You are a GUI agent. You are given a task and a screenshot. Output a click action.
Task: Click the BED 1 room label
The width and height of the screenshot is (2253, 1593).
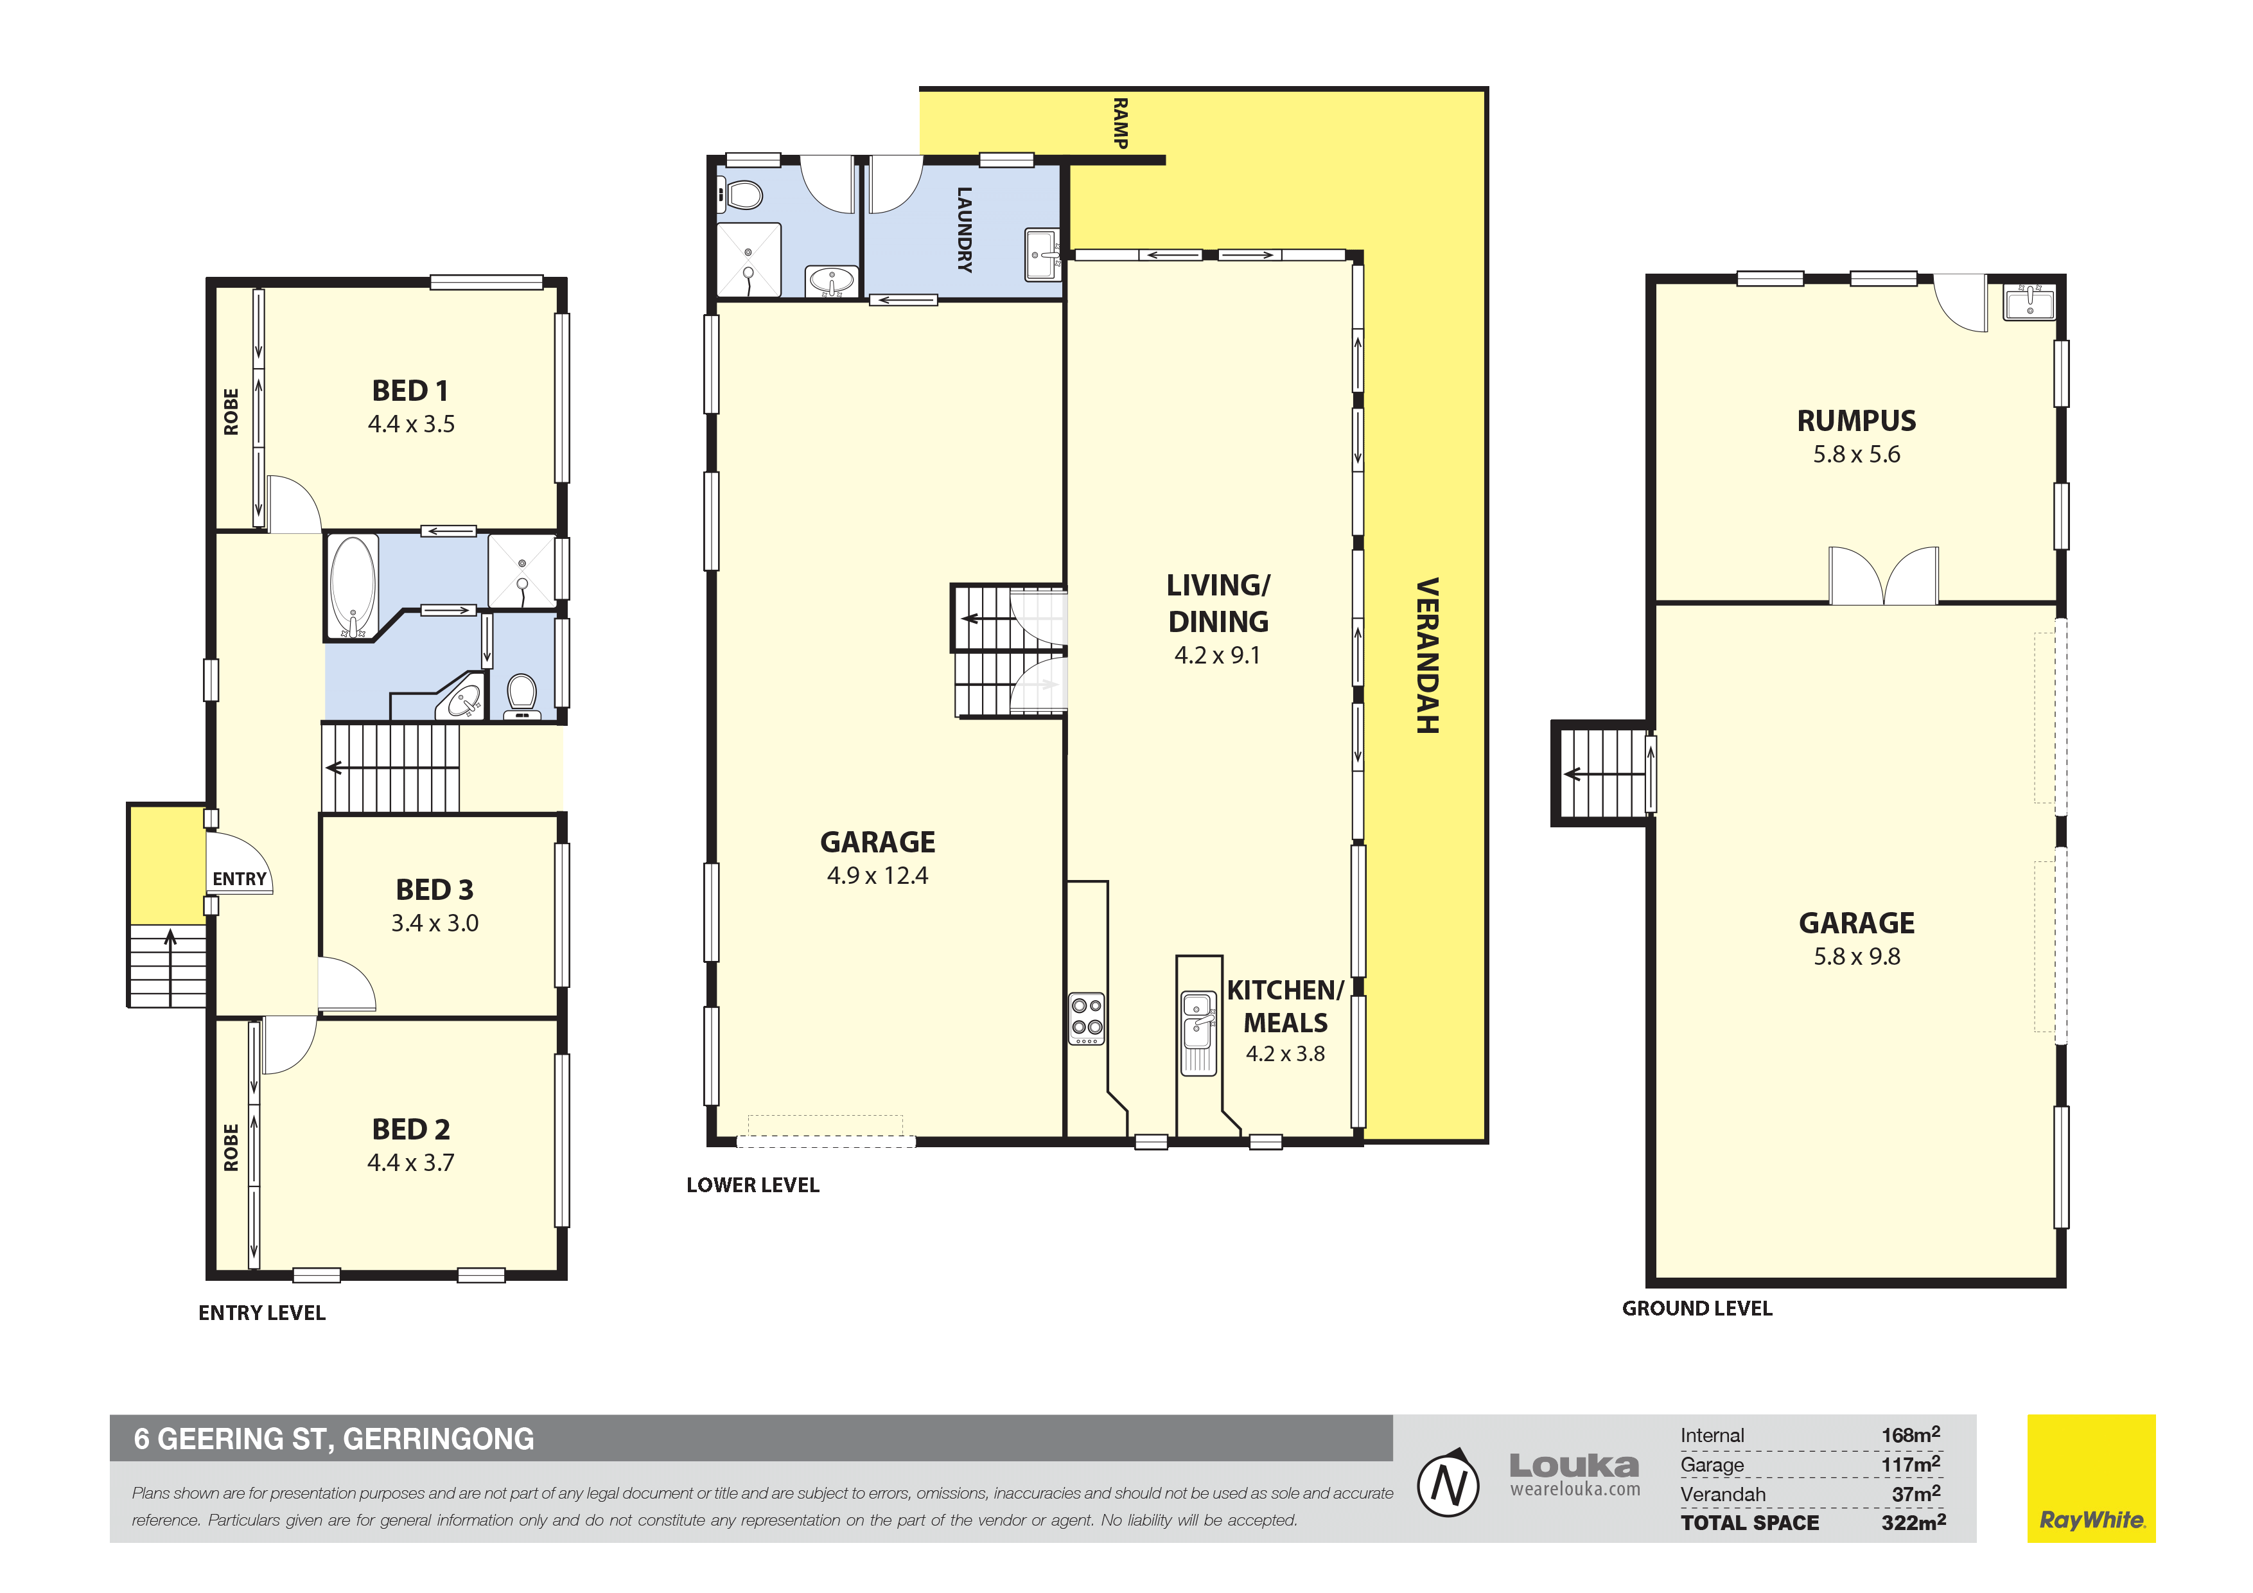point(410,391)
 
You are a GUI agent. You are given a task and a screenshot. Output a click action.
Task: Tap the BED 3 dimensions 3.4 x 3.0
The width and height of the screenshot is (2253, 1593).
point(435,922)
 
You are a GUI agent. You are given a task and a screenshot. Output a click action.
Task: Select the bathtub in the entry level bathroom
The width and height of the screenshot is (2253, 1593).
point(353,586)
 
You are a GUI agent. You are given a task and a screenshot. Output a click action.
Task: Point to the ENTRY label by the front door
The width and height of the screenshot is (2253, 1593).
point(240,879)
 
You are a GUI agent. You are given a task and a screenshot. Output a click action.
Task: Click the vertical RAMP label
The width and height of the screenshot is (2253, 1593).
point(1119,123)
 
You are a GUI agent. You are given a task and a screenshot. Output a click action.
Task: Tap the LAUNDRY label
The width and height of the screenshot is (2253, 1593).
point(965,230)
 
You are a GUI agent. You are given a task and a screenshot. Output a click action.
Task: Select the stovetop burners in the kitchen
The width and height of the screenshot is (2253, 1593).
point(1086,1019)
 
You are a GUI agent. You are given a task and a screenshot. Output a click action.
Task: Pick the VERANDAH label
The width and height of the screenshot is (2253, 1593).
point(1427,656)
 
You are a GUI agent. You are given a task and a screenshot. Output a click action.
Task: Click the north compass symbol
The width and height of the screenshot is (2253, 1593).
point(1448,1483)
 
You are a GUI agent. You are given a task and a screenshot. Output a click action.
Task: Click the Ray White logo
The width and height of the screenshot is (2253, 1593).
point(2091,1478)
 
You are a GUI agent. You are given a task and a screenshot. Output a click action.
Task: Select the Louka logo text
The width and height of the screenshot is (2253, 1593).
point(1574,1465)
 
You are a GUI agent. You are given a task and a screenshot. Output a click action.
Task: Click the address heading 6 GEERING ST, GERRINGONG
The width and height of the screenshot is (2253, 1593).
point(333,1439)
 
